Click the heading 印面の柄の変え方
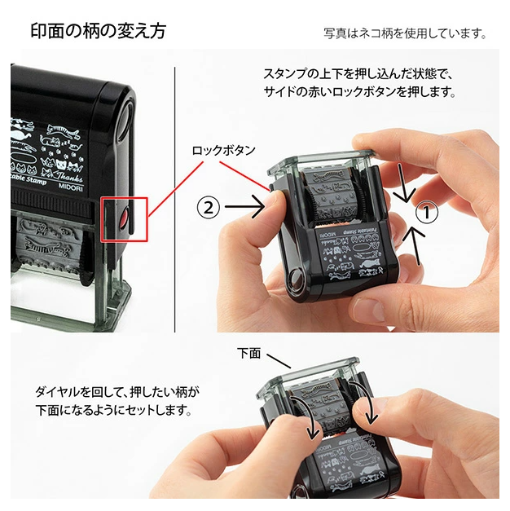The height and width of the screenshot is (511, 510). click(x=99, y=32)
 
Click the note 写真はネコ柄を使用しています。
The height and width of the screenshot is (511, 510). click(x=405, y=34)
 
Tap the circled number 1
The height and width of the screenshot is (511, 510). click(x=426, y=214)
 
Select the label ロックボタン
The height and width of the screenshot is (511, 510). click(x=224, y=150)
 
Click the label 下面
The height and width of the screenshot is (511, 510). click(x=248, y=353)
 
